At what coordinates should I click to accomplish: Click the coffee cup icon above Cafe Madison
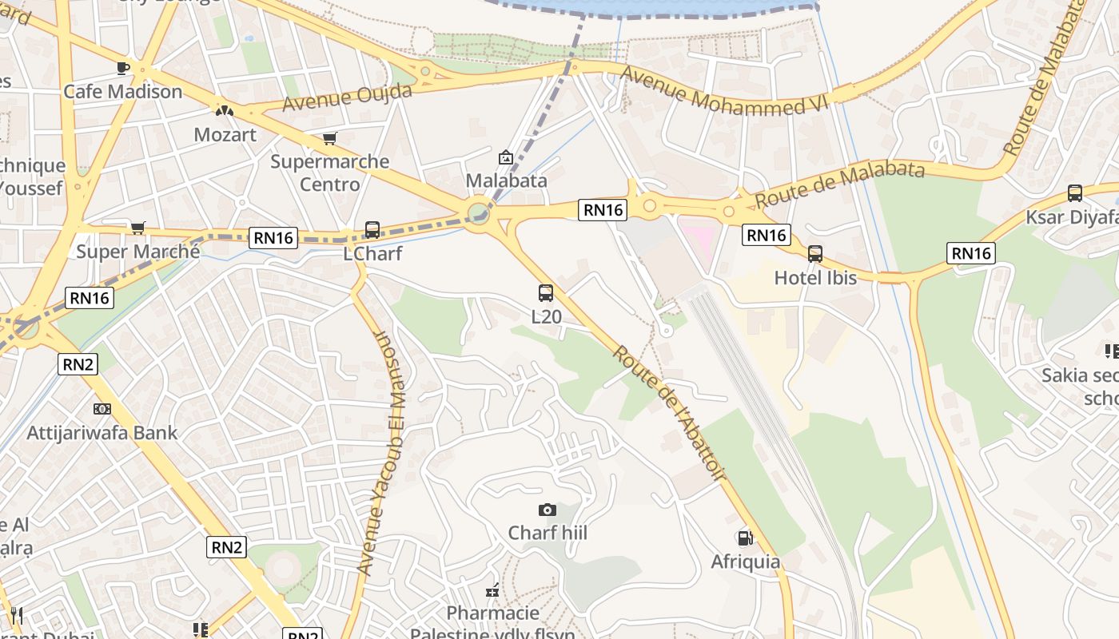click(x=122, y=68)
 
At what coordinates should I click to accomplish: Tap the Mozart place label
click(x=225, y=134)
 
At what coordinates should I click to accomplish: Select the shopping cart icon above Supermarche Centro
click(x=329, y=138)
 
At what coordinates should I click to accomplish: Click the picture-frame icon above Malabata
click(x=505, y=157)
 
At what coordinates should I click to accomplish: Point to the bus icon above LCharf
click(x=372, y=230)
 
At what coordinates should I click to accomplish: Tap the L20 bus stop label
click(x=547, y=316)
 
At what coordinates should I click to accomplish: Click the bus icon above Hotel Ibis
click(x=814, y=254)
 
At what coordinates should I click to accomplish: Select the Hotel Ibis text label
click(x=814, y=278)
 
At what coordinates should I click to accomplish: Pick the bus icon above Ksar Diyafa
click(x=1075, y=193)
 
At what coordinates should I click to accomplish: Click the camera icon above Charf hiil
click(x=548, y=510)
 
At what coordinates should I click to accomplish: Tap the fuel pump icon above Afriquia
click(x=745, y=538)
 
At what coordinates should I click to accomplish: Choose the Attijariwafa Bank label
click(x=102, y=433)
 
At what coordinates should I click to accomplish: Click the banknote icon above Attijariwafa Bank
click(x=102, y=409)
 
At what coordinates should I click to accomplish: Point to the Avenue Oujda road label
click(x=347, y=97)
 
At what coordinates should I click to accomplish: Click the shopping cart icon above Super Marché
click(x=138, y=228)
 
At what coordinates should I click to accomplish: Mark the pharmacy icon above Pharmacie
click(x=493, y=591)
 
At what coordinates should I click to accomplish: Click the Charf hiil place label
click(x=548, y=532)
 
